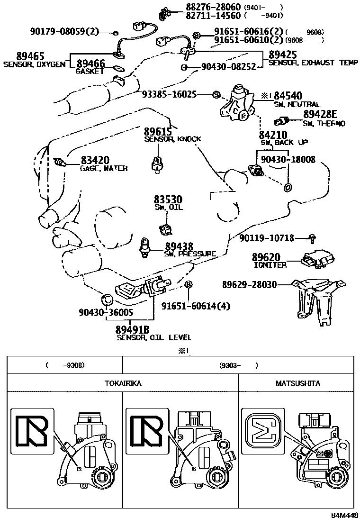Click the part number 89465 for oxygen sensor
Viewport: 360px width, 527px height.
(30, 56)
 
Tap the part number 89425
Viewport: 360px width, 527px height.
(283, 55)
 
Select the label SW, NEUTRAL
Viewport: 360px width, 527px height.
(297, 105)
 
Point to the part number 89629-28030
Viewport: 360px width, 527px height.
(249, 285)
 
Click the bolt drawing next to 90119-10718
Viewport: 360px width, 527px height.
(312, 238)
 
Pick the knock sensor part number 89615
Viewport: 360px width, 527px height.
(158, 131)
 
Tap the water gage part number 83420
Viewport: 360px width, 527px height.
(95, 160)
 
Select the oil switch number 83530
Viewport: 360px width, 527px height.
(168, 200)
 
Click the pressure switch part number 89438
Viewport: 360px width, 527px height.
(179, 247)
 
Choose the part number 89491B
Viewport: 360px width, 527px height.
(132, 329)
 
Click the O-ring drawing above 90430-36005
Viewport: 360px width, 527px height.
(107, 299)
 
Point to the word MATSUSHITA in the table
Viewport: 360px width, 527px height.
(298, 383)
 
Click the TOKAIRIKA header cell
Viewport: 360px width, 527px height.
(123, 383)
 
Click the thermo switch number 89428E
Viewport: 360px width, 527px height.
(320, 114)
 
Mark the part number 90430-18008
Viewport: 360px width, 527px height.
(288, 159)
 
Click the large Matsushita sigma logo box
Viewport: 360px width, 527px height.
(261, 431)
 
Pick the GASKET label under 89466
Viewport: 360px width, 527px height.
(90, 71)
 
